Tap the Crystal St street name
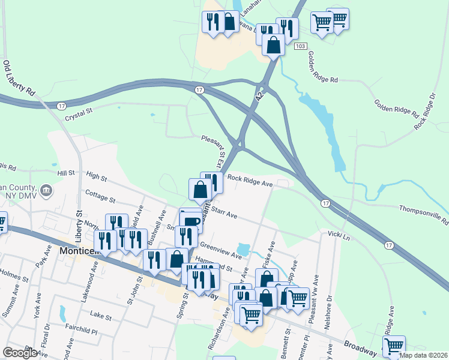80,111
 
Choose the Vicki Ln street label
339,235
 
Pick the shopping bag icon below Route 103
273,46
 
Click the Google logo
20,353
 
